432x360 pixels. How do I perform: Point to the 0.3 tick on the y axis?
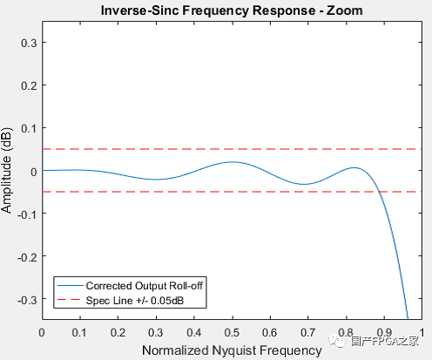pyautogui.click(x=28, y=42)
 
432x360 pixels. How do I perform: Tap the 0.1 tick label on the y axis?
pyautogui.click(x=28, y=127)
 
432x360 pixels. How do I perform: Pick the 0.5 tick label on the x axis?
pyautogui.click(x=231, y=332)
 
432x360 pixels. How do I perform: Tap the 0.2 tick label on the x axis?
pyautogui.click(x=118, y=332)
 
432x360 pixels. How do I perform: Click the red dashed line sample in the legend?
pyautogui.click(x=70, y=301)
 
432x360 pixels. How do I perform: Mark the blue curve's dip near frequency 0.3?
pyautogui.click(x=155, y=180)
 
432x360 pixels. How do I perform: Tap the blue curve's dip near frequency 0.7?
pyautogui.click(x=303, y=184)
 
